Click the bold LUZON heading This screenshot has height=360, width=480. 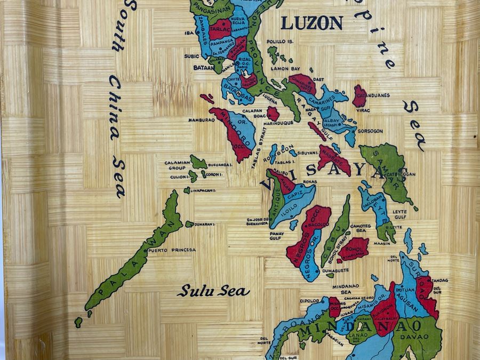(x=311, y=22)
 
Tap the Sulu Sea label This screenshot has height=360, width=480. (x=213, y=291)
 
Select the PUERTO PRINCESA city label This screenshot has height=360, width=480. (x=172, y=250)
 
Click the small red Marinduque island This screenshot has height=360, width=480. (x=273, y=113)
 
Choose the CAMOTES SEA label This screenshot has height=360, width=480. (x=361, y=228)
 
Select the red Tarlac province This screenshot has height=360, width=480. (x=219, y=29)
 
